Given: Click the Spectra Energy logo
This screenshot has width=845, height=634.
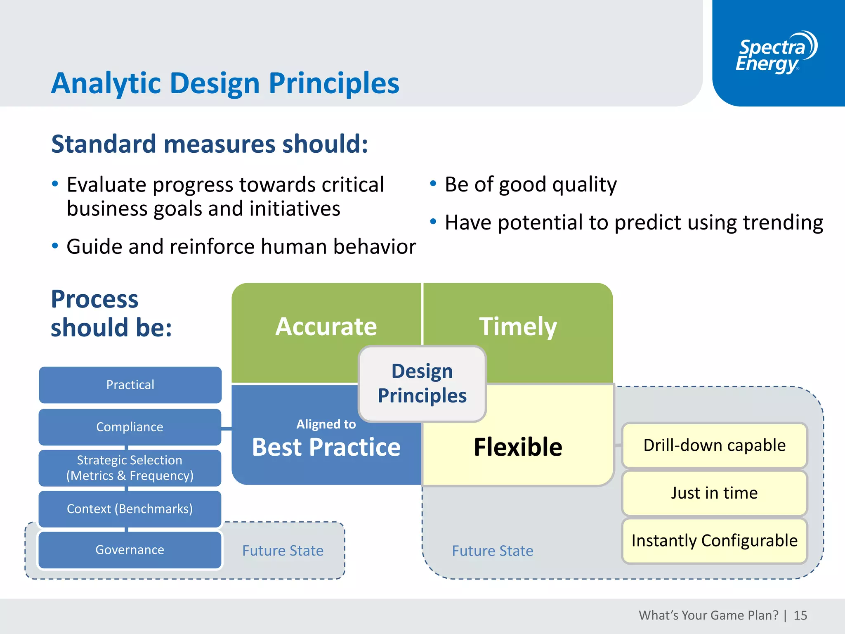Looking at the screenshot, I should pyautogui.click(x=776, y=53).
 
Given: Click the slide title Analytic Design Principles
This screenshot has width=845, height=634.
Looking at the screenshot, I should pyautogui.click(x=225, y=83).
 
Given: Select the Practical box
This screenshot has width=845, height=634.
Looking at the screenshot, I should pyautogui.click(x=130, y=385).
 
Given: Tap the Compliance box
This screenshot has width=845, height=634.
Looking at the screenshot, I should pyautogui.click(x=130, y=427).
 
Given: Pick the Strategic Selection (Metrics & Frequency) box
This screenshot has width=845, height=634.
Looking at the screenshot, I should pyautogui.click(x=130, y=468).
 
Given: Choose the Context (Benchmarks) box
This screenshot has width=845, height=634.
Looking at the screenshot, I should pyautogui.click(x=130, y=509).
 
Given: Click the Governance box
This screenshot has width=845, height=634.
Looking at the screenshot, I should pyautogui.click(x=130, y=550).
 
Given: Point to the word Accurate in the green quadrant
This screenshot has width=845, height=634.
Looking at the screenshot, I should pyautogui.click(x=326, y=326).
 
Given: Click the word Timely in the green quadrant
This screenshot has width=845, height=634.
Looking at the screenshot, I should pyautogui.click(x=518, y=326).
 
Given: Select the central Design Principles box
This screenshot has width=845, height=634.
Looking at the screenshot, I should pyautogui.click(x=422, y=383).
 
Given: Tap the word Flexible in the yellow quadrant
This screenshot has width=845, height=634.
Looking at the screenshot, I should pyautogui.click(x=518, y=447).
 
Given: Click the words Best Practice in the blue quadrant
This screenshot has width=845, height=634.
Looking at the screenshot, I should pyautogui.click(x=326, y=447).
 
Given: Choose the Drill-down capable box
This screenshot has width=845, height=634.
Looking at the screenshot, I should pyautogui.click(x=714, y=445).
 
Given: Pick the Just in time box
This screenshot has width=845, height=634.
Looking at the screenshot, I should pyautogui.click(x=714, y=493).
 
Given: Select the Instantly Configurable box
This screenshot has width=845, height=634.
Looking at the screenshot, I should pyautogui.click(x=714, y=541).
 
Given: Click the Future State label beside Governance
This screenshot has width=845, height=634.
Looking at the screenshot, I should pyautogui.click(x=283, y=551).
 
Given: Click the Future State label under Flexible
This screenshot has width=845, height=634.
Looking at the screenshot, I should pyautogui.click(x=492, y=551).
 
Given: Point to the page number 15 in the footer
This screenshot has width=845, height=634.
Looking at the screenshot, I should pyautogui.click(x=800, y=615).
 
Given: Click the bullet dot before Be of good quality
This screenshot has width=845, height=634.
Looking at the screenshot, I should pyautogui.click(x=433, y=184).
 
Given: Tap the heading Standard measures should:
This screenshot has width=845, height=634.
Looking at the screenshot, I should pyautogui.click(x=209, y=144).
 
